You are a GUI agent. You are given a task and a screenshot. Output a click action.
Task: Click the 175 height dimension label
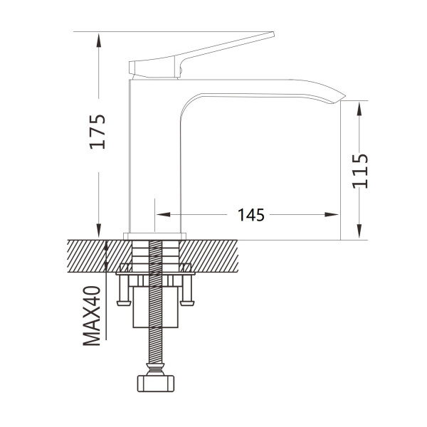97,132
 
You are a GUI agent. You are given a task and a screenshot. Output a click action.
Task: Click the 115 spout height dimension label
360,172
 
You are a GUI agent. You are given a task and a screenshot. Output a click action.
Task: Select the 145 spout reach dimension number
251,215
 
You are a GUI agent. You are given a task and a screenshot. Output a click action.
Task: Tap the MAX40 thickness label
92,315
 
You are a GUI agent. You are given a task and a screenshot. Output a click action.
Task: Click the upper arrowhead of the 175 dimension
99,39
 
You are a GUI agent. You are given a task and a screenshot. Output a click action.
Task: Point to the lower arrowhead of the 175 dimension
99,231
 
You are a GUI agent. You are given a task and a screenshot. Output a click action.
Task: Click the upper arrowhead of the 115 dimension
359,109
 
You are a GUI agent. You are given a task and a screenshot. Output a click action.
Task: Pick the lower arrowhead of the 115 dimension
359,232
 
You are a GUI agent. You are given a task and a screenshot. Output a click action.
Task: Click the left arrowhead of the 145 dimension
163,215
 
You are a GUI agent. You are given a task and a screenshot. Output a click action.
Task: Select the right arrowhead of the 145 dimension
332,215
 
